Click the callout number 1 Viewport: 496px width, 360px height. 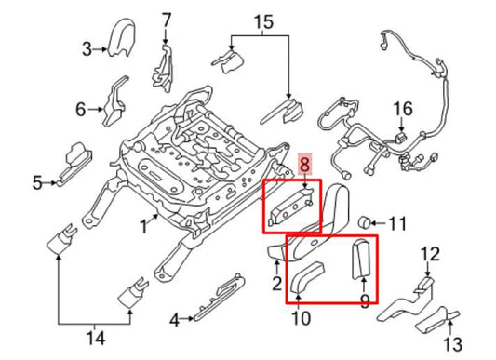144,223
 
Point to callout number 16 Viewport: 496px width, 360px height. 401,110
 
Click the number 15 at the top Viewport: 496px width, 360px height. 263,20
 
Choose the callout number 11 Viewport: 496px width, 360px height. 397,223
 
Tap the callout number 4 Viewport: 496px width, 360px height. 174,321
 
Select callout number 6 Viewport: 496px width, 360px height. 80,110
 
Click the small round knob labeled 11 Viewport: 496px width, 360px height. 367,221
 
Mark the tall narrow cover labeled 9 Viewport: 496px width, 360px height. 363,260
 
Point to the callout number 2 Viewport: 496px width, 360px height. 275,283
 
